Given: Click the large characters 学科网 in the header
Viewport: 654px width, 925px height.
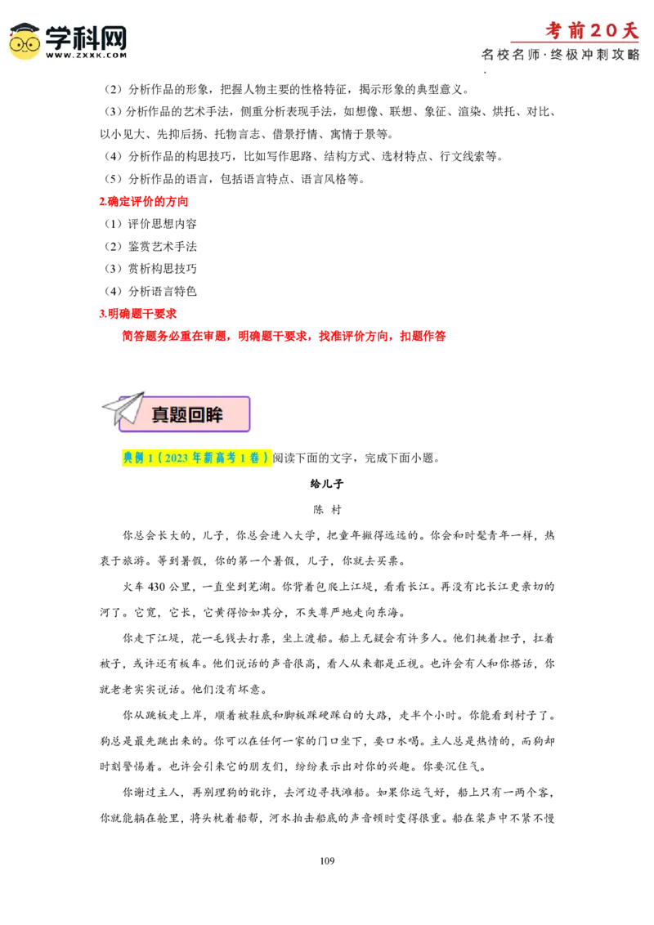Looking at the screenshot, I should pyautogui.click(x=86, y=37).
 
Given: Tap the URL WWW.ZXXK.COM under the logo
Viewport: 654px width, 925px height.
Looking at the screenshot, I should pyautogui.click(x=86, y=56).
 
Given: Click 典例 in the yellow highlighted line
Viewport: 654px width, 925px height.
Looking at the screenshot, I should pyautogui.click(x=133, y=458).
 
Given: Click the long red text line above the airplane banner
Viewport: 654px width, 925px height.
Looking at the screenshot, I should pyautogui.click(x=282, y=335).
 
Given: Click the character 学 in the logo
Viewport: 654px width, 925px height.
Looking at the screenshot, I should pyautogui.click(x=59, y=37).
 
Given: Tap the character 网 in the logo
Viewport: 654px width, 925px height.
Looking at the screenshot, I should pyautogui.click(x=113, y=37).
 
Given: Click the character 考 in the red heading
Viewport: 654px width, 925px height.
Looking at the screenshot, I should pyautogui.click(x=555, y=30).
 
